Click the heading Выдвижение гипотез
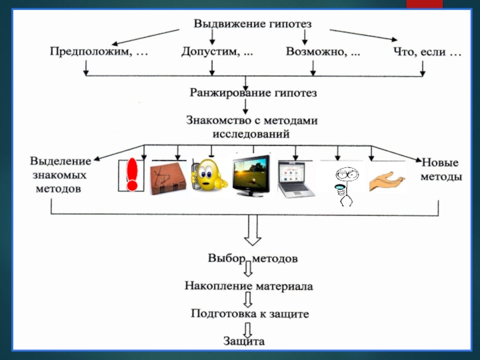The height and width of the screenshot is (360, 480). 253,24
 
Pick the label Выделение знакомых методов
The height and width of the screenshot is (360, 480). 59,175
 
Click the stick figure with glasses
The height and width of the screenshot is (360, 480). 345,183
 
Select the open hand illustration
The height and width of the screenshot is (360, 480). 388,181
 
